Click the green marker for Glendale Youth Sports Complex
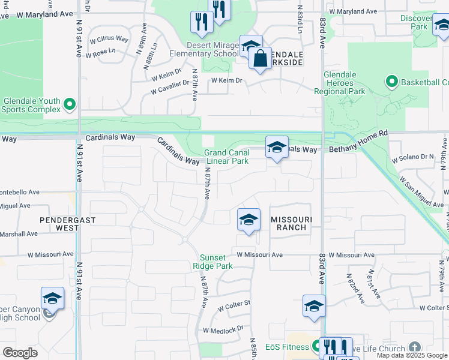[x=69, y=104]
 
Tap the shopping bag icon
[x=260, y=59]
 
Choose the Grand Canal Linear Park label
[x=227, y=157]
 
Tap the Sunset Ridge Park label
[x=216, y=262]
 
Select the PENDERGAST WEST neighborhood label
[x=68, y=224]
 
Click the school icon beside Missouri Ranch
[x=248, y=220]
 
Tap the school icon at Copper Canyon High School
[x=52, y=299]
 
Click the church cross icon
[x=415, y=347]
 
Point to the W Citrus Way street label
[x=109, y=39]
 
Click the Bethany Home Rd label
[x=358, y=149]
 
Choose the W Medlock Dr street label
[x=223, y=329]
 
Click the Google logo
[x=20, y=353]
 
